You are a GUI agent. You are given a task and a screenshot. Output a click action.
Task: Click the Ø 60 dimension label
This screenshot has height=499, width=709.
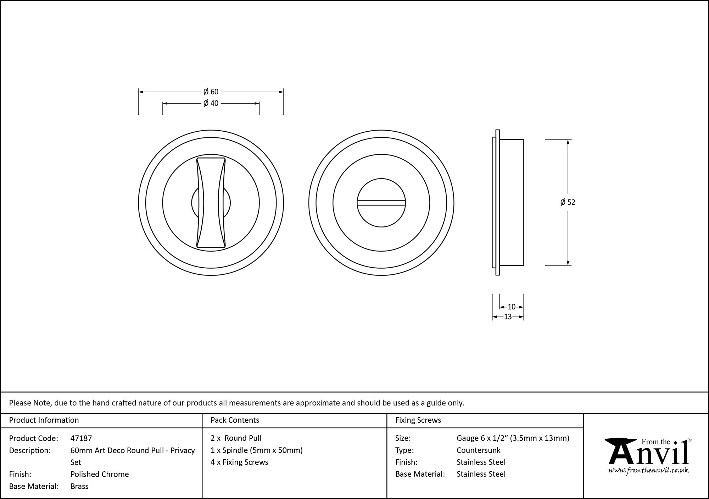click(211, 92)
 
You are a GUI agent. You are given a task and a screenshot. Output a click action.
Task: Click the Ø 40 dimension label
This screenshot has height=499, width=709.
click(211, 103)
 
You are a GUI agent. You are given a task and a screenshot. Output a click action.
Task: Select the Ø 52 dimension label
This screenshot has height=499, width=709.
click(568, 202)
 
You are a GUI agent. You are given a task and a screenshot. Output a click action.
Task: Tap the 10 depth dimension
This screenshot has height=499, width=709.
click(512, 307)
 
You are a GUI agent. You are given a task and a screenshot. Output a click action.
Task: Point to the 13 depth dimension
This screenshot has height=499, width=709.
click(508, 317)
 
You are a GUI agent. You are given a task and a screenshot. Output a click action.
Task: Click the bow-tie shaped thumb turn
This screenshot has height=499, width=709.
click(211, 203)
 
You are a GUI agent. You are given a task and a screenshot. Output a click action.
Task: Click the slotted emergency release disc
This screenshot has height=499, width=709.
click(381, 203)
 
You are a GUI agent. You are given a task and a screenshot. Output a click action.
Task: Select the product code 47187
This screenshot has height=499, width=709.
click(81, 438)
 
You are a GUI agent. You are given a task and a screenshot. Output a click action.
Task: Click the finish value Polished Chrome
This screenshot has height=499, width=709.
click(100, 474)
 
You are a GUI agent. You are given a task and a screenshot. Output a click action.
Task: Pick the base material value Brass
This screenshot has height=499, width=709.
click(79, 486)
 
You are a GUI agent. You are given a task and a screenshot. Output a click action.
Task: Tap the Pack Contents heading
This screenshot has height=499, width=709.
click(235, 420)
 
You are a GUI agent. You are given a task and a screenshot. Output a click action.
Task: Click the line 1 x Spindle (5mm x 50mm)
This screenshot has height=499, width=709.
click(257, 450)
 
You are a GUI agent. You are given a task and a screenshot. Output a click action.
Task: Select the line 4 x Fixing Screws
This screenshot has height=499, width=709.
click(239, 462)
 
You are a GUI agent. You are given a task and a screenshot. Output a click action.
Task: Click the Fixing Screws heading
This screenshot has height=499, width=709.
click(418, 420)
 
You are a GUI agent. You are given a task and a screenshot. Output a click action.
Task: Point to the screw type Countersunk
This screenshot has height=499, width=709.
click(478, 450)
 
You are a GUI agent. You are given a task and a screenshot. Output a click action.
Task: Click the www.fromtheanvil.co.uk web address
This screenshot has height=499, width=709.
click(649, 470)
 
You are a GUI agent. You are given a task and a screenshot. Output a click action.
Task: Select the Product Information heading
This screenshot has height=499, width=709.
click(44, 420)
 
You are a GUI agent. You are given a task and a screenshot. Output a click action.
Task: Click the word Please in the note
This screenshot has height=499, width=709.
click(20, 403)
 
